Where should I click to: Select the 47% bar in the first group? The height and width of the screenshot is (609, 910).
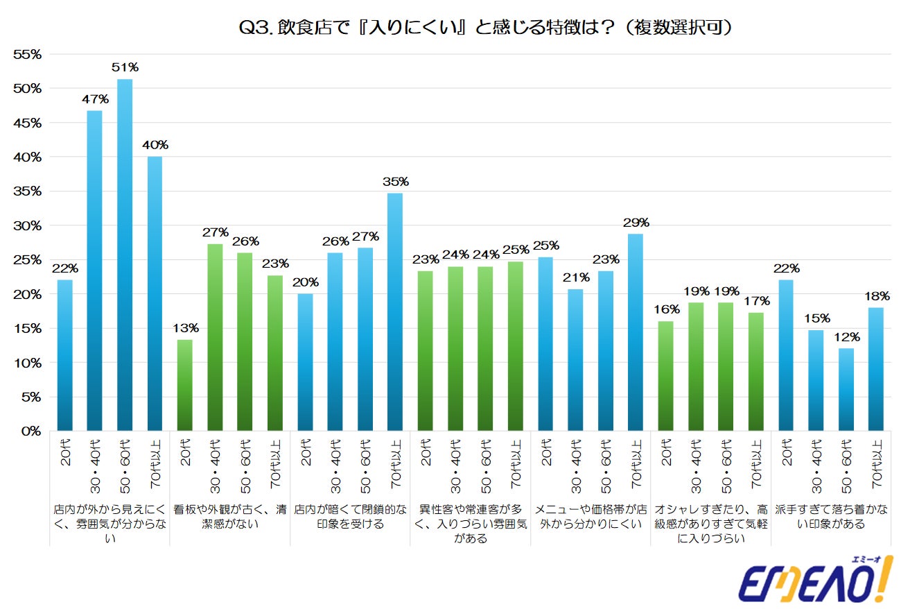(95, 271)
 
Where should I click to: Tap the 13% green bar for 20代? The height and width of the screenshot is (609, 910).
(185, 385)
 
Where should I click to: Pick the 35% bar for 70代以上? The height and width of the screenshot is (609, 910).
(395, 312)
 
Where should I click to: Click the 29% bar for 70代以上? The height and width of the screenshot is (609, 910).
(636, 332)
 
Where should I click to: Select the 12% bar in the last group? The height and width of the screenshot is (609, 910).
(846, 389)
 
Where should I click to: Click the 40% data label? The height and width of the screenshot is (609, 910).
(155, 145)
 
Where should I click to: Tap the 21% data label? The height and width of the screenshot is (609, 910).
(576, 277)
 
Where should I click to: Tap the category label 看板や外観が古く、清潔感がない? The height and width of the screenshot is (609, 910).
(230, 517)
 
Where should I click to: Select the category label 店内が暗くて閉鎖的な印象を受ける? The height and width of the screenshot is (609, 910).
(350, 517)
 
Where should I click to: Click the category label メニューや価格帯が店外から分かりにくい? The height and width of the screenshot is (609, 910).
(590, 517)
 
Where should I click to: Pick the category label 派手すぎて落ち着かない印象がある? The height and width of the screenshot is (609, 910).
(831, 517)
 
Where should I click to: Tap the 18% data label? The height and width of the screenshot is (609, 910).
(876, 295)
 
